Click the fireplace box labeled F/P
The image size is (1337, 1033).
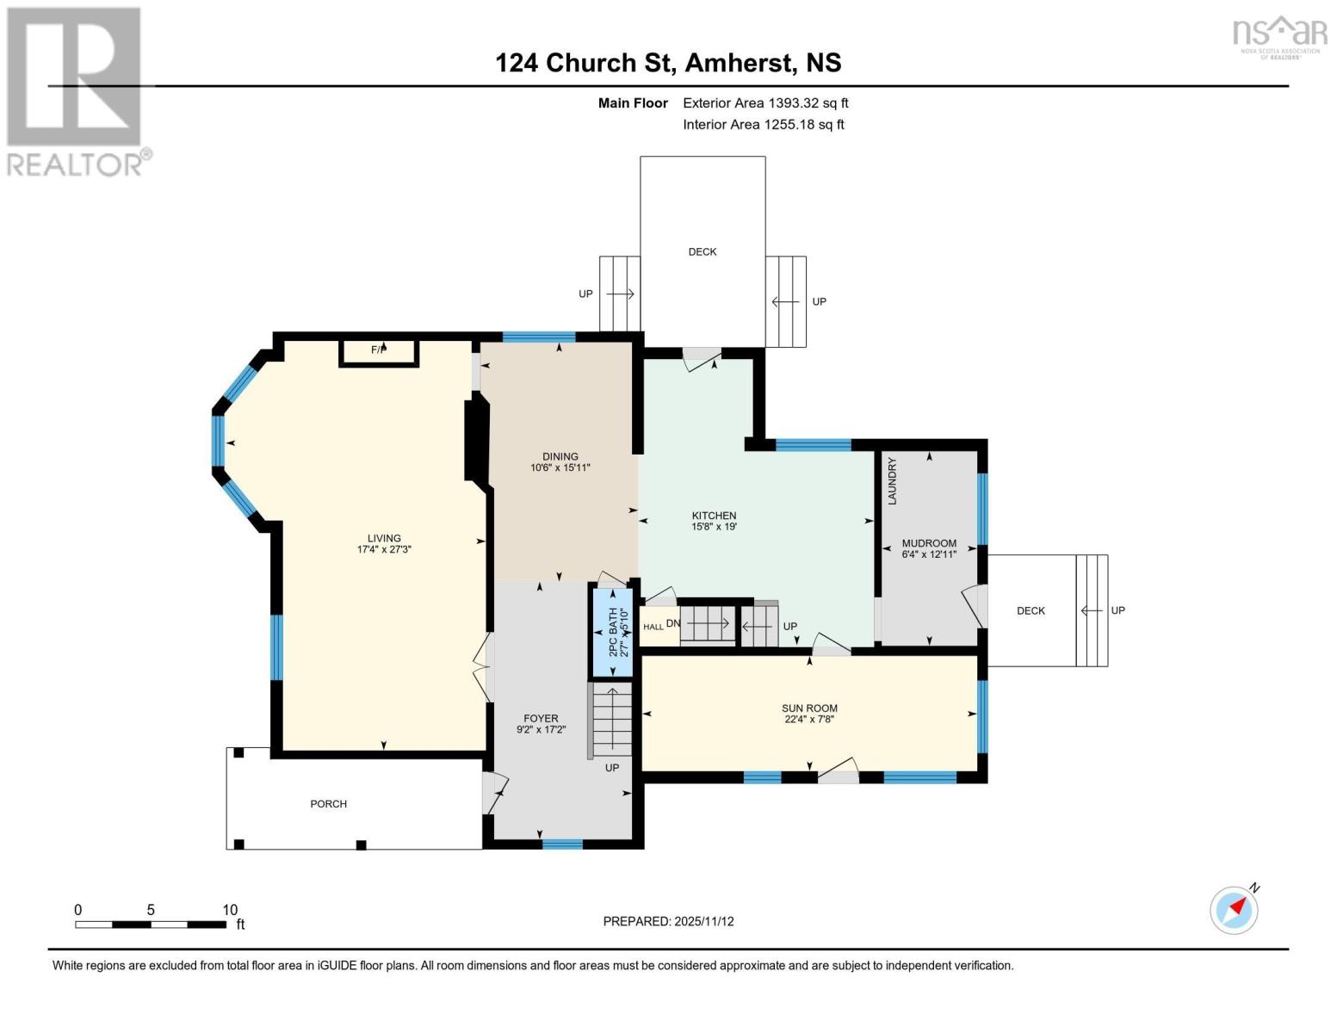pyautogui.click(x=379, y=353)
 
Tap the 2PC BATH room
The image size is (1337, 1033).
pyautogui.click(x=613, y=633)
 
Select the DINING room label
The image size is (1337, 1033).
pyautogui.click(x=560, y=456)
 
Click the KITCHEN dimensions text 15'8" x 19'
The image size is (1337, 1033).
pyautogui.click(x=714, y=527)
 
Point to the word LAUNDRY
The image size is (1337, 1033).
pyautogui.click(x=892, y=481)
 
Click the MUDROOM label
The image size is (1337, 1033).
pyautogui.click(x=929, y=543)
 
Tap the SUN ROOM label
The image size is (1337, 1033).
pyautogui.click(x=809, y=708)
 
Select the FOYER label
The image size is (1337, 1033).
pyautogui.click(x=541, y=719)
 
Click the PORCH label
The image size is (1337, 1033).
pyautogui.click(x=329, y=804)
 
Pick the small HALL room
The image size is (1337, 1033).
pyautogui.click(x=659, y=627)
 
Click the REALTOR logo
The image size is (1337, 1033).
pyautogui.click(x=78, y=92)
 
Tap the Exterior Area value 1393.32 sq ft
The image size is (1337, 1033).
pyautogui.click(x=808, y=102)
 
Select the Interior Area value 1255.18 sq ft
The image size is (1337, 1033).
pyautogui.click(x=803, y=124)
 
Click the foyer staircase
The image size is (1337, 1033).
pyautogui.click(x=611, y=721)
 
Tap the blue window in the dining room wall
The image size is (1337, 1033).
pyautogui.click(x=539, y=337)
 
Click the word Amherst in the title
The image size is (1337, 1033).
pyautogui.click(x=737, y=63)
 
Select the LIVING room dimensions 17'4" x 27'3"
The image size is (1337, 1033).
pyautogui.click(x=384, y=549)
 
